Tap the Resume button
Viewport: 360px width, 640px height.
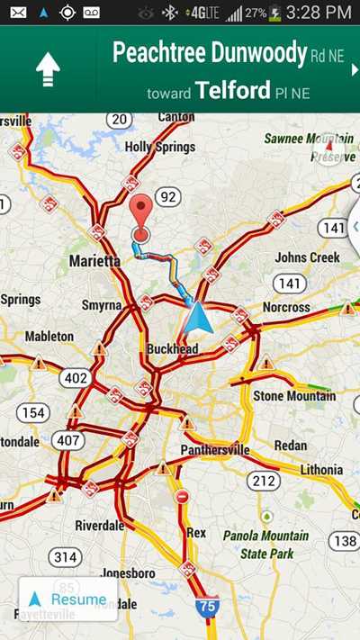coord(67,599)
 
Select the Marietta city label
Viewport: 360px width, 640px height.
coord(94,261)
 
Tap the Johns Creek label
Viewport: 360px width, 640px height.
coord(307,257)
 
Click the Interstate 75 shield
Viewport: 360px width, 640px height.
coord(208,607)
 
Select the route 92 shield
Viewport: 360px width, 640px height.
coord(166,196)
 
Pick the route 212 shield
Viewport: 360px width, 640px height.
coord(263,482)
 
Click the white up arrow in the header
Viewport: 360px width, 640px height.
coord(48,70)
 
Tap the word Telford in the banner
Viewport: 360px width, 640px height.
coord(232,89)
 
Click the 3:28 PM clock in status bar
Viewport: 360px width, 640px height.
coord(319,13)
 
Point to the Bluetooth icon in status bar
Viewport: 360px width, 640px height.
coord(168,13)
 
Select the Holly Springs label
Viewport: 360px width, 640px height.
coord(151,146)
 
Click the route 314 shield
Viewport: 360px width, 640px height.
coord(65,557)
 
